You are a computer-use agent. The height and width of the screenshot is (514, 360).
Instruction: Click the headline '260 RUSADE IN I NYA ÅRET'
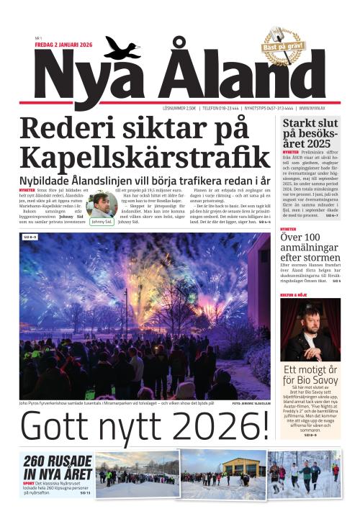coord(57,467)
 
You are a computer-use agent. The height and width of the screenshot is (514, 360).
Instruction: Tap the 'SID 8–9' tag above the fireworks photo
coord(30,236)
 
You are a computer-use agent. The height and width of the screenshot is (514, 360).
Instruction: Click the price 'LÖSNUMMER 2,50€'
coord(180,109)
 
